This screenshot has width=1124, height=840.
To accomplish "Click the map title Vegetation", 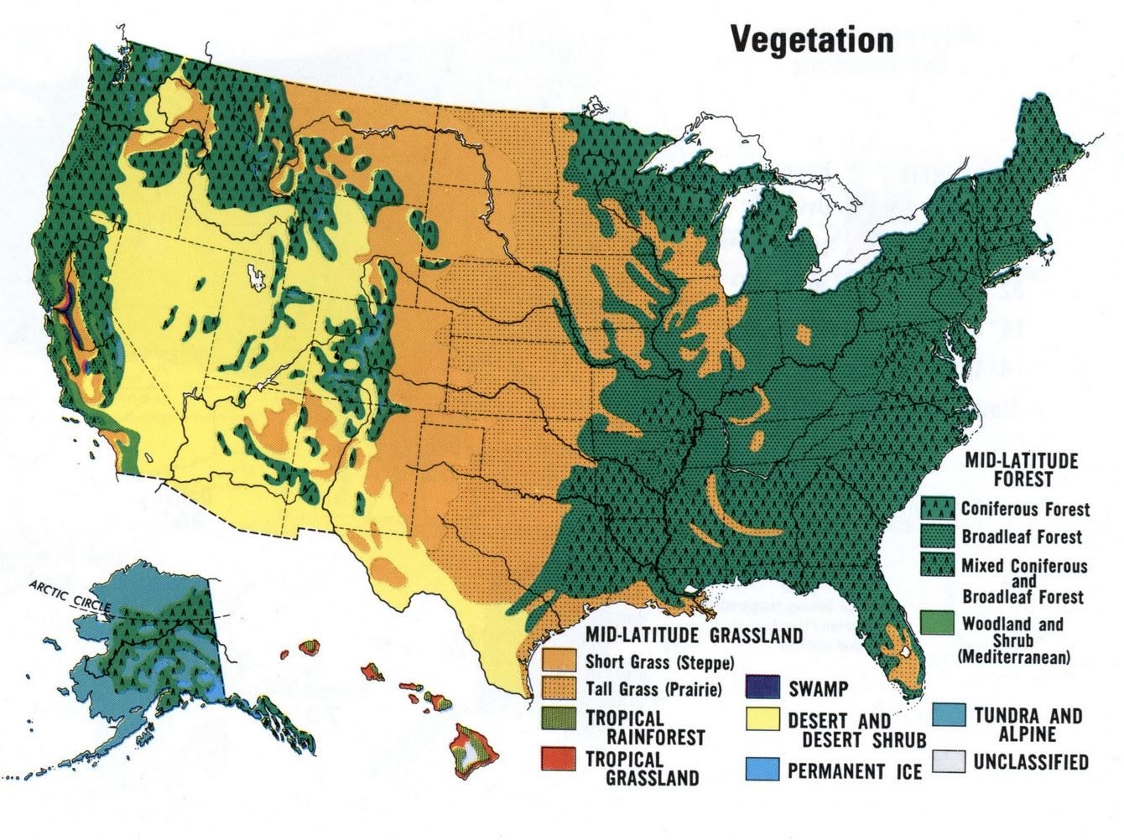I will click(812, 39).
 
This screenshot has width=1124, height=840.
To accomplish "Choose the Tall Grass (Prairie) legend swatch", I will click(558, 690).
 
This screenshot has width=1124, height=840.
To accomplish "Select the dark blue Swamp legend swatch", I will click(761, 687).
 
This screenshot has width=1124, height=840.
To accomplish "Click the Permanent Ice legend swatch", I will click(761, 769).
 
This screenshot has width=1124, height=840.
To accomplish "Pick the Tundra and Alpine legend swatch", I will click(948, 716).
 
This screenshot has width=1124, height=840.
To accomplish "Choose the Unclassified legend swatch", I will click(948, 761).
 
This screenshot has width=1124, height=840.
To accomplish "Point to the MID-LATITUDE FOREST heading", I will click(1021, 469).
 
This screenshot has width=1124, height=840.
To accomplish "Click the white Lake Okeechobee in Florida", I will click(905, 651).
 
